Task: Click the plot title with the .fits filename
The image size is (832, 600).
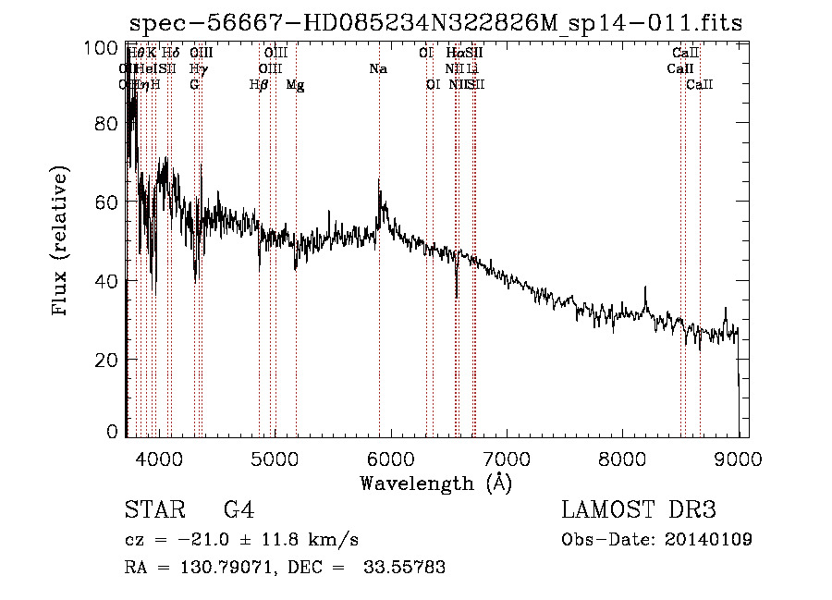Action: click(435, 23)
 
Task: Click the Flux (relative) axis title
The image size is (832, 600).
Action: click(62, 242)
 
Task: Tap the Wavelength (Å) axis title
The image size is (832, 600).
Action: click(435, 483)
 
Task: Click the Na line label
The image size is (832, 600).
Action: click(377, 69)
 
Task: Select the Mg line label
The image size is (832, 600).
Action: click(295, 85)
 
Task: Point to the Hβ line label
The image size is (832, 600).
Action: click(259, 85)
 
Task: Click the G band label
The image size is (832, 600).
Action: click(194, 85)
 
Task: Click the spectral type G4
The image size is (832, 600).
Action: click(239, 510)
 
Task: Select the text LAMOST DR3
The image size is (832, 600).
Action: click(639, 510)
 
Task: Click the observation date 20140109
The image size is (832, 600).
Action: click(712, 540)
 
